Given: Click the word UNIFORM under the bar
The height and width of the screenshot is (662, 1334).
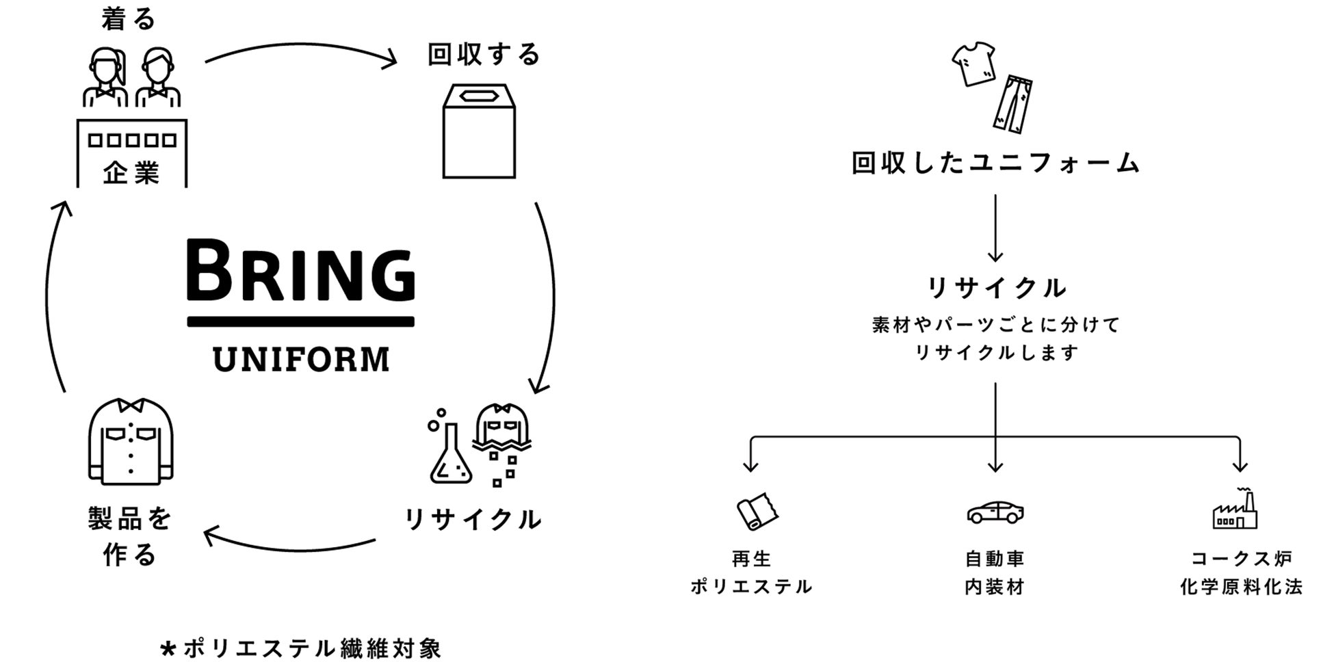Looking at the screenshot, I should tap(301, 360).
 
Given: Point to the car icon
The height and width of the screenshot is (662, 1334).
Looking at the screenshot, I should tap(995, 512).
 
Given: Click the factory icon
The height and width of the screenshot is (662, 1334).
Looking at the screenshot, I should tap(1235, 510).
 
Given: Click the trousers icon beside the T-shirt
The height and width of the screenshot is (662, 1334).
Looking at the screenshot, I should tap(1013, 104).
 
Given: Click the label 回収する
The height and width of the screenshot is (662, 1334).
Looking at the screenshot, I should tap(484, 55).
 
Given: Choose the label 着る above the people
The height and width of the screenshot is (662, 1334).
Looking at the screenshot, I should tap(129, 19).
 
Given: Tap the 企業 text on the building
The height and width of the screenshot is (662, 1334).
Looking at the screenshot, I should tap(131, 172).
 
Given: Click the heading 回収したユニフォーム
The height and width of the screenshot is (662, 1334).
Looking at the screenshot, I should tap(995, 163).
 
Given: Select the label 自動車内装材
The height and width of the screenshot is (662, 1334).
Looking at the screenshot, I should tap(995, 573).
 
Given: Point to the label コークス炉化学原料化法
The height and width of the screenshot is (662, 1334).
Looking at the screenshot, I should tap(1241, 573).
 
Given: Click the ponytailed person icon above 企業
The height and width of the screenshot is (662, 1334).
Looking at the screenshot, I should tap(106, 77).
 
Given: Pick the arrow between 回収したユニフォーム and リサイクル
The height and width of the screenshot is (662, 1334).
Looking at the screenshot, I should tap(995, 227).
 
